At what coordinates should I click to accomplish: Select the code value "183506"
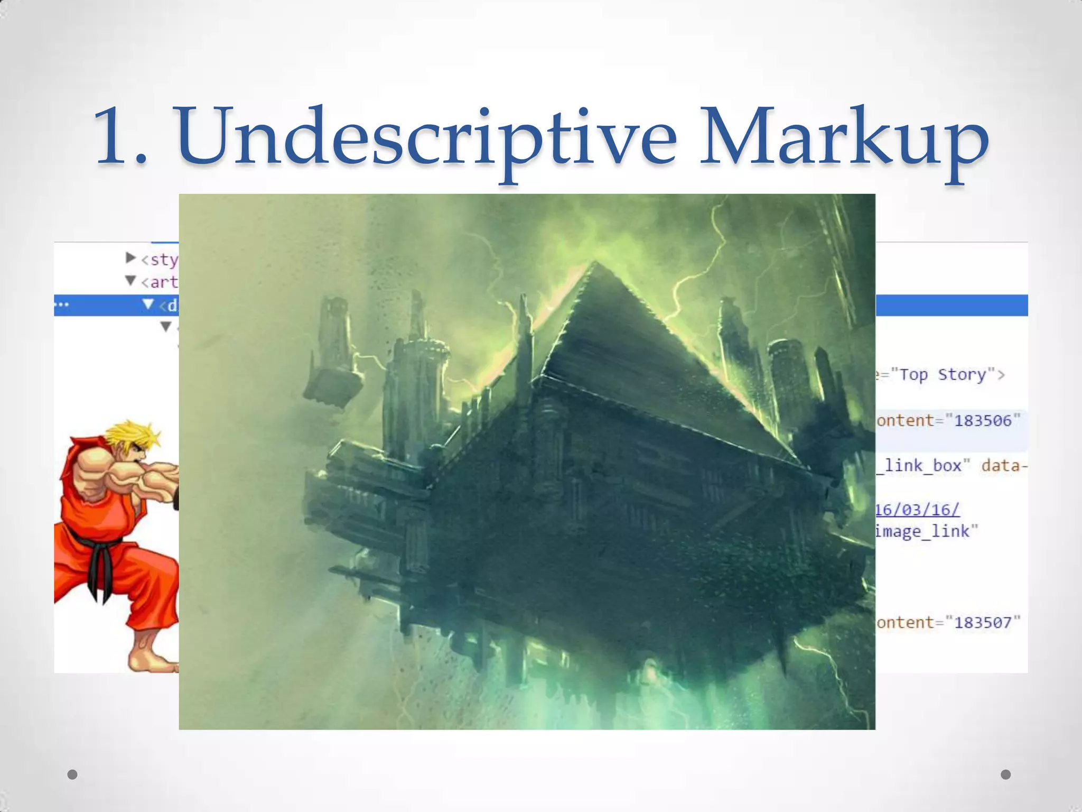[983, 421]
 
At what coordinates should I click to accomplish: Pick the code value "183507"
[983, 622]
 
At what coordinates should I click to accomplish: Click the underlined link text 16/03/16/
[917, 510]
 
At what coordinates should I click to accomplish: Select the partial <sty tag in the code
[159, 260]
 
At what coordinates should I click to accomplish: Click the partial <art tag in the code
[159, 282]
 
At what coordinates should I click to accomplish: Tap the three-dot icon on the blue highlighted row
[62, 305]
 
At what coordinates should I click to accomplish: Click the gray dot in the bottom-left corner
[72, 774]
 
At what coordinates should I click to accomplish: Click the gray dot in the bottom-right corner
[1006, 774]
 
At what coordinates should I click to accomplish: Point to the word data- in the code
[1004, 466]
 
